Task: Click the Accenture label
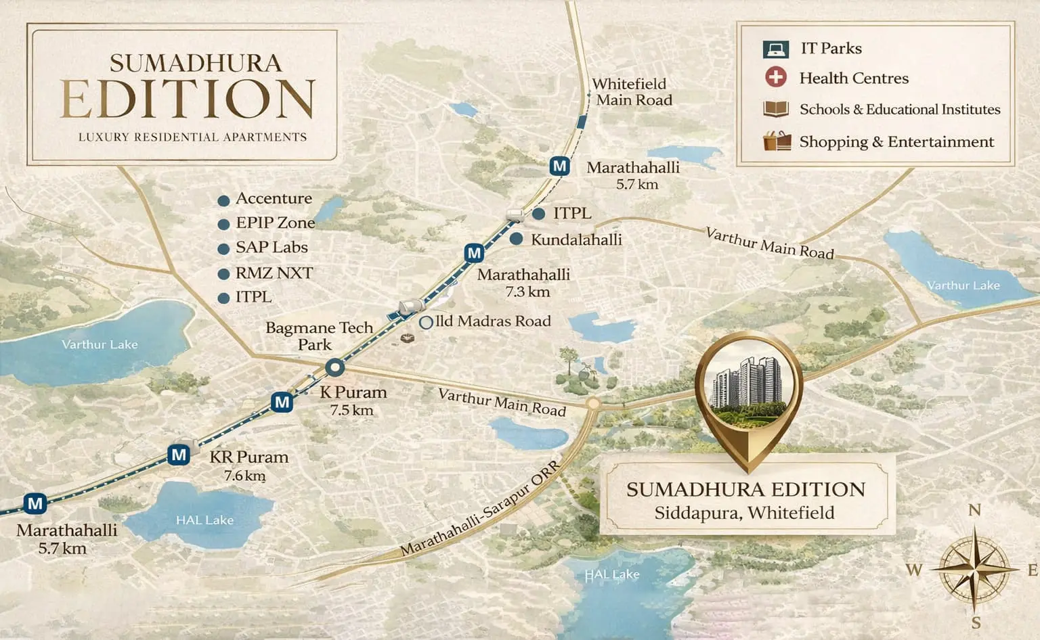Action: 274,199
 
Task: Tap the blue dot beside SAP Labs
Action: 223,249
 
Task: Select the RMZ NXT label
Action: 274,273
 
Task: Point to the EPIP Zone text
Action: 275,223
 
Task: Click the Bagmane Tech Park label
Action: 318,336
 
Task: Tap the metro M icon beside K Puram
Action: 282,403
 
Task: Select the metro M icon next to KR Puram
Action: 179,455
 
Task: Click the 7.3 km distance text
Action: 527,292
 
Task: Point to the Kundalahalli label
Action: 576,239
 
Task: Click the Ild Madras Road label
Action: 493,321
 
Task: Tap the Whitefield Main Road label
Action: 631,92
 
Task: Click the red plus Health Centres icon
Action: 776,77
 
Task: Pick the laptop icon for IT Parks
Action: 776,49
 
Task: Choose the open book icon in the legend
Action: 776,109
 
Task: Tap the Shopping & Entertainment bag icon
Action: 777,141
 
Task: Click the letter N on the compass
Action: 974,510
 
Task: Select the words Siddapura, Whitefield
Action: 744,513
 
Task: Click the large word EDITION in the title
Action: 188,100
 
